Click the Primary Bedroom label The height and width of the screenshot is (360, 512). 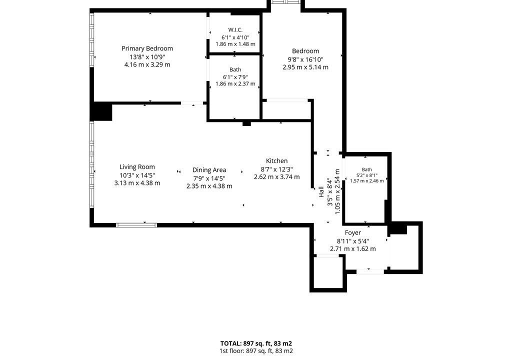point(147,48)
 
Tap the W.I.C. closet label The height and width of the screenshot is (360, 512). point(235,29)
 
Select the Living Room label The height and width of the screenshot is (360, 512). point(137,167)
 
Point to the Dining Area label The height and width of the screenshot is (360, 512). point(209,170)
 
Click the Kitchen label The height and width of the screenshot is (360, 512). point(277,160)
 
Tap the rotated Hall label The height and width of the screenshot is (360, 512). point(321,192)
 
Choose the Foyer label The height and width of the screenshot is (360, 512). point(353,232)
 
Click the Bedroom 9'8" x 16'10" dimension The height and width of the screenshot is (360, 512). point(305,59)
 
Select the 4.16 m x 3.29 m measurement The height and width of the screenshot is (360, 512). point(147,64)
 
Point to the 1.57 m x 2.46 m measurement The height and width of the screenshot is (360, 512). point(367,181)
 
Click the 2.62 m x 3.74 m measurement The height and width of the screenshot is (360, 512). point(277,176)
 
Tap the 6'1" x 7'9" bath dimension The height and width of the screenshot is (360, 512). point(235,77)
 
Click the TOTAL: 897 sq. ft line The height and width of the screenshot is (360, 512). point(256,343)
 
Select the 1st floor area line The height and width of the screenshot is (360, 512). point(256,351)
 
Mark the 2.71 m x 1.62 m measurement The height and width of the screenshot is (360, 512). point(353,249)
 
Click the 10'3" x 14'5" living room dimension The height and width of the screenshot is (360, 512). point(137,175)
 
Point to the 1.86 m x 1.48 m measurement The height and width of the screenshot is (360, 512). point(235,44)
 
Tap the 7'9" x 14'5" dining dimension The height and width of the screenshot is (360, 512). point(209,178)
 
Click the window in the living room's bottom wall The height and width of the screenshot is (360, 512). point(136,225)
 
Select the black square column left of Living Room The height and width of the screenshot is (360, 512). point(101,111)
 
